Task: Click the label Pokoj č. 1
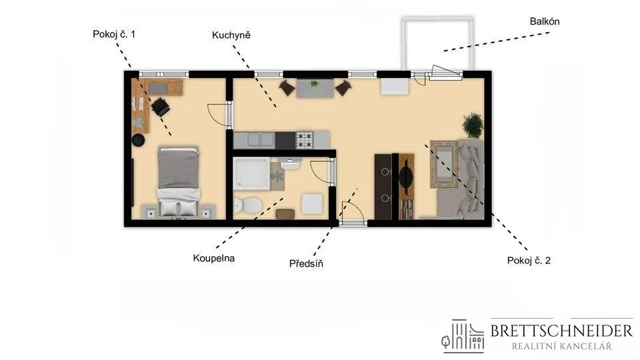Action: pos(114,34)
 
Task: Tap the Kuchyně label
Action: pos(231,35)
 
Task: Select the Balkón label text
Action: pos(545,21)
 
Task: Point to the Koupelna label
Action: pos(214,258)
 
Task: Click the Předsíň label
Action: pos(306,263)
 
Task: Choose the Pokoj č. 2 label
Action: pos(529,261)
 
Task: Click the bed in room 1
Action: pos(179,181)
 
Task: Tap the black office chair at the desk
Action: pos(161,107)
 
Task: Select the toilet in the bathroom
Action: pos(247,205)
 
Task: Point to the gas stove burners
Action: pos(305,139)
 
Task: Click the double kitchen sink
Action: pos(260,139)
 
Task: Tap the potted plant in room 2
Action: pos(473,125)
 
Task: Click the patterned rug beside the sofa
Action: pos(444,164)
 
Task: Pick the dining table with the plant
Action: pos(315,88)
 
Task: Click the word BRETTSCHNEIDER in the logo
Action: pos(561,331)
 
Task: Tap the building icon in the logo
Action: pos(463,336)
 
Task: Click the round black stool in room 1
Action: pos(139,140)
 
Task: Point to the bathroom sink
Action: pos(290,164)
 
